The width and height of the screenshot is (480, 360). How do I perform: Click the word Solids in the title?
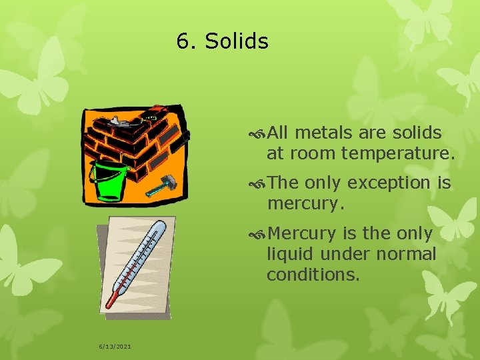[x=237, y=41]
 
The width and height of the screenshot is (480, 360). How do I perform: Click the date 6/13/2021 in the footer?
[x=115, y=347]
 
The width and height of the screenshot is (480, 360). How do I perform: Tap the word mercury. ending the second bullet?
[x=306, y=203]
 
